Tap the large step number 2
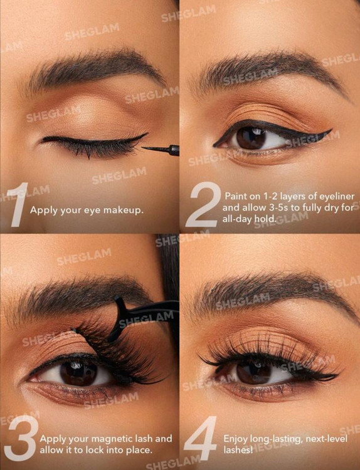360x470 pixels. click(203, 204)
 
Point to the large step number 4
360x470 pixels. click(200, 438)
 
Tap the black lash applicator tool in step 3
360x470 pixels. click(141, 318)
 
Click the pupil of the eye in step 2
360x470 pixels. click(251, 138)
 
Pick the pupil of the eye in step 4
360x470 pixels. click(254, 373)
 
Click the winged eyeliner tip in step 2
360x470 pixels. click(332, 130)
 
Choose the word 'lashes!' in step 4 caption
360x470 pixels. click(238, 450)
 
